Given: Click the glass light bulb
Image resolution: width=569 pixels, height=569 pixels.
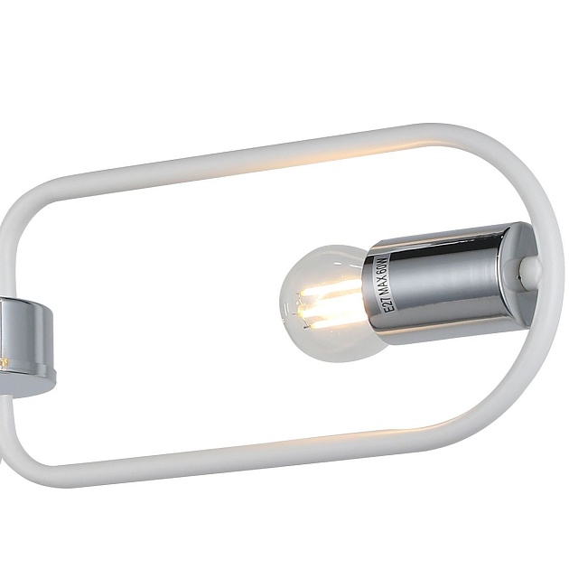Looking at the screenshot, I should click(321, 303).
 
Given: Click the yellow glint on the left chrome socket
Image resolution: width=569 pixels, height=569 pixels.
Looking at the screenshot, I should click(5, 361).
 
